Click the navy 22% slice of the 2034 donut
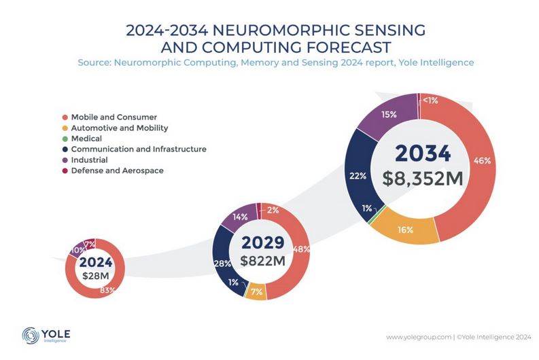[x=358, y=175]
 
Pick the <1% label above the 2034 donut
[x=430, y=101]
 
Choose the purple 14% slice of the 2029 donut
[x=241, y=218]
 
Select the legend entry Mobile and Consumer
[x=109, y=117]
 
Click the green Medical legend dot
[x=64, y=139]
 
